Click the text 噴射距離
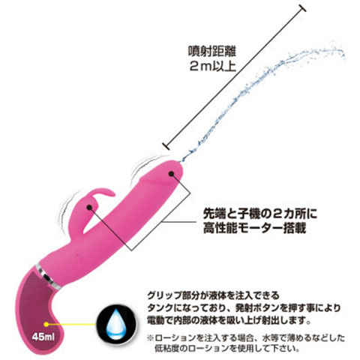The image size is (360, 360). pos(212,52)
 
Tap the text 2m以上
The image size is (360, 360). pos(212,66)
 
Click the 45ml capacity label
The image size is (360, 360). pos(43,337)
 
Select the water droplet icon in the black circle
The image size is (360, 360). pos(116,324)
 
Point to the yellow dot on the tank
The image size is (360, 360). pos(46,324)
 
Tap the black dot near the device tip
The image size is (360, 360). pos(171,173)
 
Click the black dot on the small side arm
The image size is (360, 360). pos(89,207)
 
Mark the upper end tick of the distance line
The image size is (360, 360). pos(302,8)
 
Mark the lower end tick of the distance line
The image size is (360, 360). pos(166,146)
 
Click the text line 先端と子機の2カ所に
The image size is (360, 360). pos(260,214)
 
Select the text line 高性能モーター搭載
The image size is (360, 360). pos(254,228)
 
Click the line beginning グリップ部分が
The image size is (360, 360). pos(213,295)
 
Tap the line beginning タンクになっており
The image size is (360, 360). pos(244,307)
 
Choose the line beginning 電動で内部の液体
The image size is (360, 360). pos(229,320)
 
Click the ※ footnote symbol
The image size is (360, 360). pos(151,338)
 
